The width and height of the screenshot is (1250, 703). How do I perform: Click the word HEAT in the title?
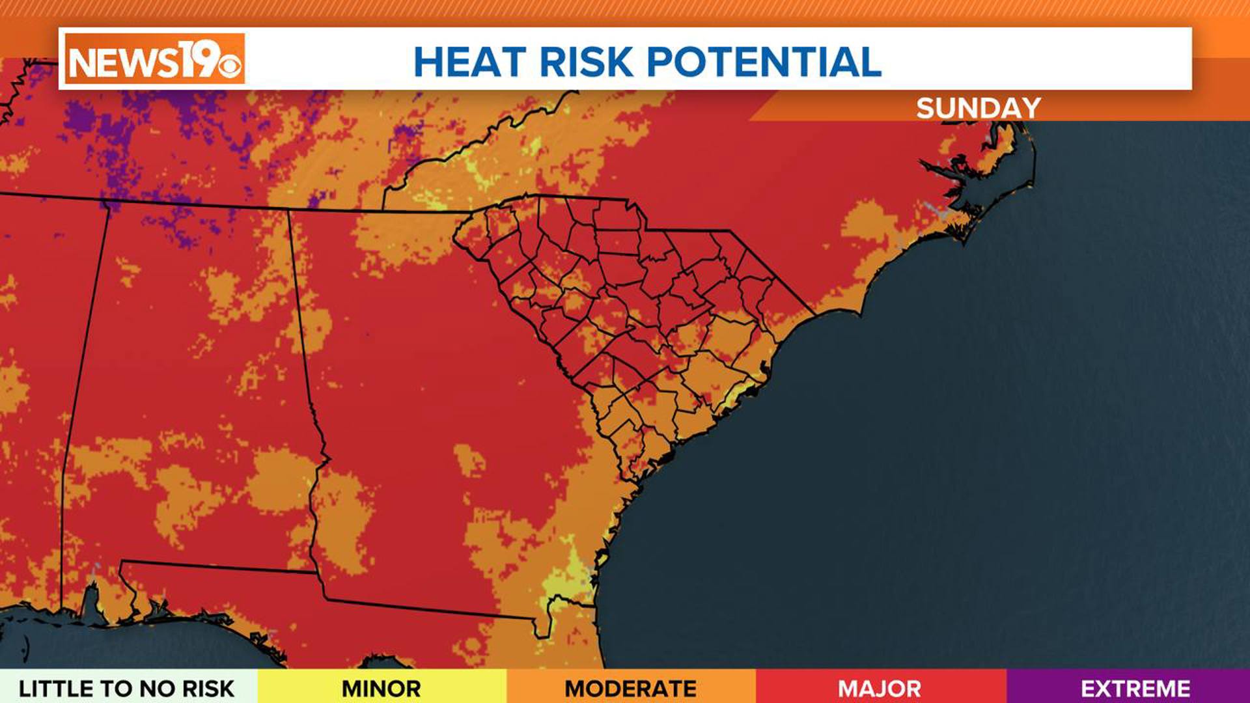pyautogui.click(x=469, y=62)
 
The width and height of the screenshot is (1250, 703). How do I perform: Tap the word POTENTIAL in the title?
pyautogui.click(x=764, y=62)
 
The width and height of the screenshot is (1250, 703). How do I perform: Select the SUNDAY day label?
pyautogui.click(x=978, y=108)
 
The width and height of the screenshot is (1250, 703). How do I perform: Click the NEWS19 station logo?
pyautogui.click(x=154, y=59)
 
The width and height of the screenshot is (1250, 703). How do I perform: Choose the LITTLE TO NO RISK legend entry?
pyautogui.click(x=126, y=688)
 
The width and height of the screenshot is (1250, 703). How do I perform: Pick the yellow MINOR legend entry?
pyautogui.click(x=382, y=688)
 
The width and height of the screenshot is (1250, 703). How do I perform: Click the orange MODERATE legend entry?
pyautogui.click(x=630, y=688)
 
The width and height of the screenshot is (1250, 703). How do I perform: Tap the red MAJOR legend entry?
pyautogui.click(x=880, y=688)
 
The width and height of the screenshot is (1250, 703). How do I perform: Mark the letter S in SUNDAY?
pyautogui.click(x=926, y=108)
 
